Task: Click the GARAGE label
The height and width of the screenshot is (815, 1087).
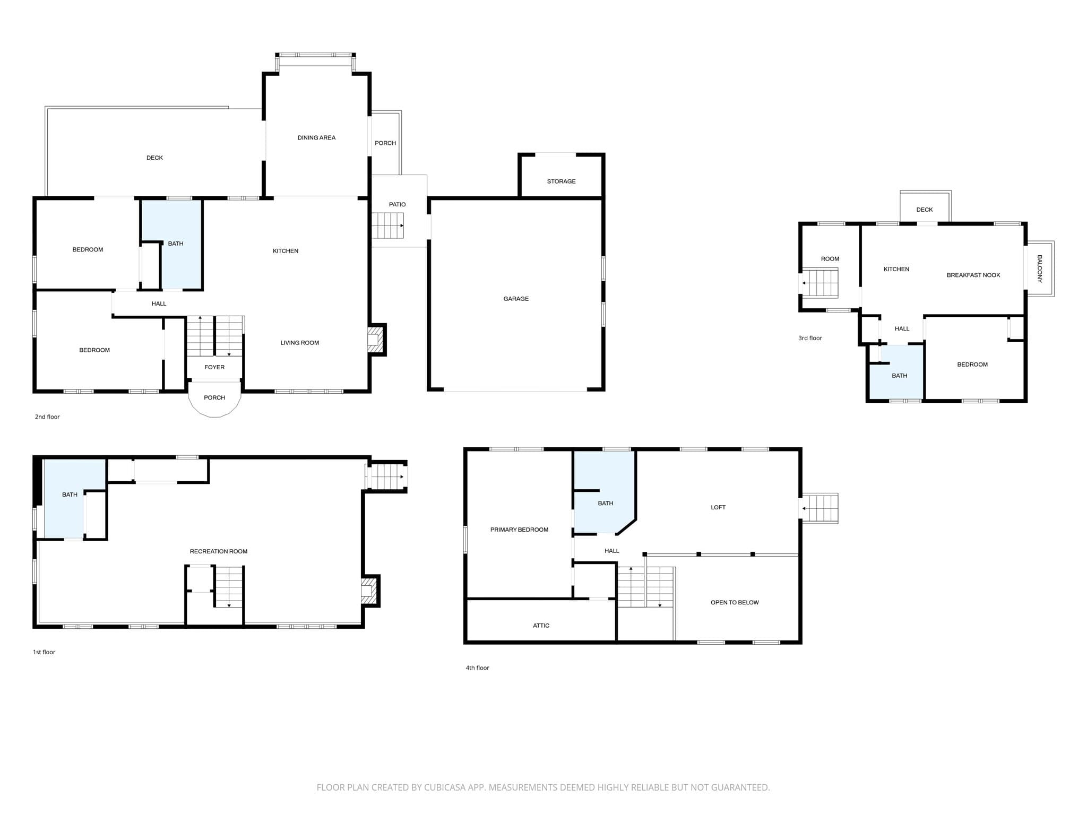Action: [x=516, y=299]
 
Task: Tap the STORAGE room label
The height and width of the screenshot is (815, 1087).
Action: [x=561, y=181]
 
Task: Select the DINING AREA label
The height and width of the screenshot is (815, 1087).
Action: [x=316, y=138]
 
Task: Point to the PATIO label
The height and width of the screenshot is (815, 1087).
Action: [x=397, y=204]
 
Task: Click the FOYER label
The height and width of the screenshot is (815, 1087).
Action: [x=214, y=367]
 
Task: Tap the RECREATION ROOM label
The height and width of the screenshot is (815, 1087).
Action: [x=219, y=551]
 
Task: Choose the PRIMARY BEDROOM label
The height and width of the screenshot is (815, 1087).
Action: [x=519, y=530]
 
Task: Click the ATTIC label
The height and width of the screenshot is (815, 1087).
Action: [x=541, y=626]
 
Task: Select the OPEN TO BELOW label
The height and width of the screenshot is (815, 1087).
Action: [x=735, y=602]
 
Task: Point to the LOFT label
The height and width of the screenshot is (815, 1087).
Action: [x=718, y=507]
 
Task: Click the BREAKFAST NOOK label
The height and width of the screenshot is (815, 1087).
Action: [x=973, y=275]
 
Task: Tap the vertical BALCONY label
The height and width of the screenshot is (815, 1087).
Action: [x=1040, y=268]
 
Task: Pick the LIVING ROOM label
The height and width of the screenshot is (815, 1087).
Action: [x=300, y=343]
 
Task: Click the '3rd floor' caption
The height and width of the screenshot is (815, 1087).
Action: [x=810, y=338]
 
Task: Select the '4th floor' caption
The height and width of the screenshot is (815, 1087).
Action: [x=477, y=668]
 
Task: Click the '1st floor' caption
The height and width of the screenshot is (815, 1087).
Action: [x=44, y=652]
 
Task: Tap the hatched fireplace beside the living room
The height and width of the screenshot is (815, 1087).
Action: [x=375, y=339]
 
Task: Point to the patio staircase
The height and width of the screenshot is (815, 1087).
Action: [x=387, y=226]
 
